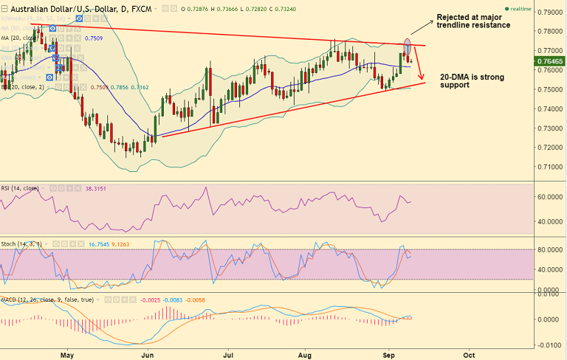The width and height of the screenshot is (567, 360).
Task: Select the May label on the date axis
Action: click(67, 354)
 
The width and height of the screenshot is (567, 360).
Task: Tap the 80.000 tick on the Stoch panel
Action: click(548, 249)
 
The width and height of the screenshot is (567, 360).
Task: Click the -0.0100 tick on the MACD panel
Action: click(548, 345)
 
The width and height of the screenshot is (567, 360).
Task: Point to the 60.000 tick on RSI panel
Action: click(548, 197)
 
